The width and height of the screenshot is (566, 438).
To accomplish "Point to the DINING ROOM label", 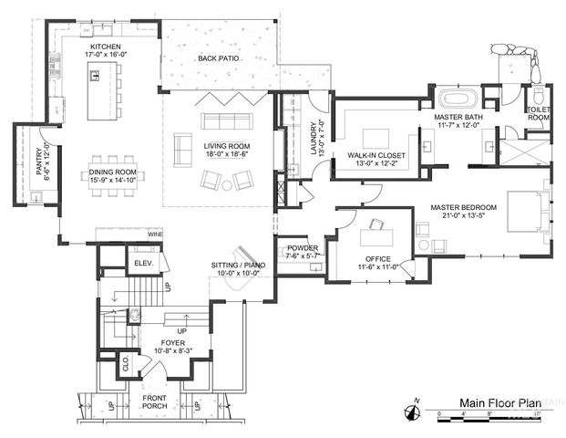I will click(112, 172).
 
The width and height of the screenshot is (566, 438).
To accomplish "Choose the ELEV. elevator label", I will click(141, 263).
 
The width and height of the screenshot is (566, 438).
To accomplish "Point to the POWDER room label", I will click(302, 247).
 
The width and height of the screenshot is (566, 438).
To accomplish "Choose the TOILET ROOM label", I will click(538, 113).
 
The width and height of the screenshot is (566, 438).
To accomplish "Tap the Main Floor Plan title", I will click(495, 402).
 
